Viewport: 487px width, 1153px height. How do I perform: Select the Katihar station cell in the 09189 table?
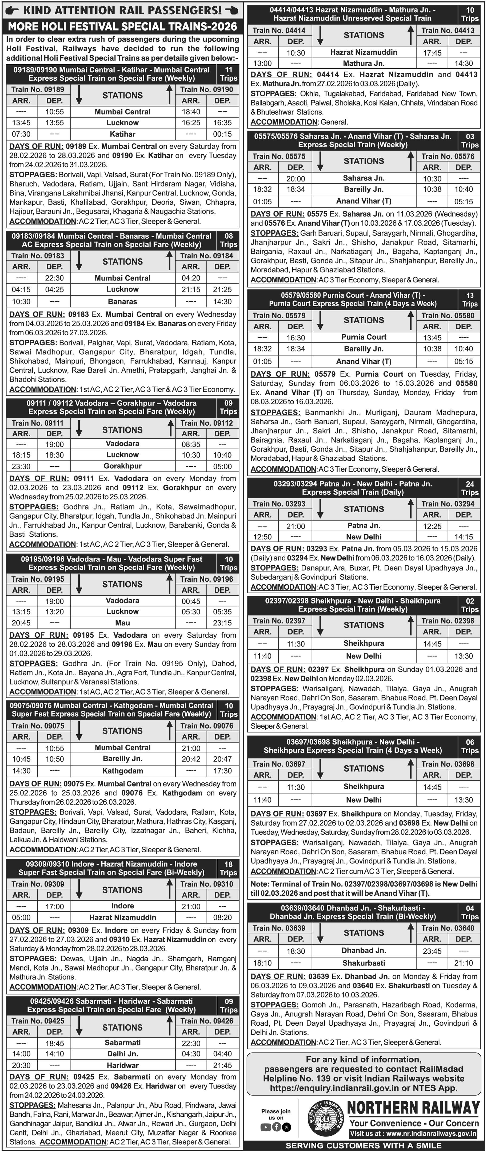click(x=122, y=134)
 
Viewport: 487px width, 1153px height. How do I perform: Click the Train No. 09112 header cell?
click(x=207, y=423)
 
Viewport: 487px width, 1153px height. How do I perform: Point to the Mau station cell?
click(x=122, y=623)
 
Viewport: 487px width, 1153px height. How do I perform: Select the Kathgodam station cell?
click(x=122, y=771)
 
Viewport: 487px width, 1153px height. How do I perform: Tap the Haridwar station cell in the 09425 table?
click(x=122, y=1065)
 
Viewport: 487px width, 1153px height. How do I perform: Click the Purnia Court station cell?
click(x=364, y=337)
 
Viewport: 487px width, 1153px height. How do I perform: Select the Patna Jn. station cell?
click(x=364, y=525)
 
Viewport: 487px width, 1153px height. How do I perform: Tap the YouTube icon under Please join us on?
click(x=265, y=1127)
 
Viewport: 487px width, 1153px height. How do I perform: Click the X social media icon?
click(x=287, y=1127)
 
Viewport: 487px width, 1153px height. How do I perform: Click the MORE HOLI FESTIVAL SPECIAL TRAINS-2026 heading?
click(x=122, y=26)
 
